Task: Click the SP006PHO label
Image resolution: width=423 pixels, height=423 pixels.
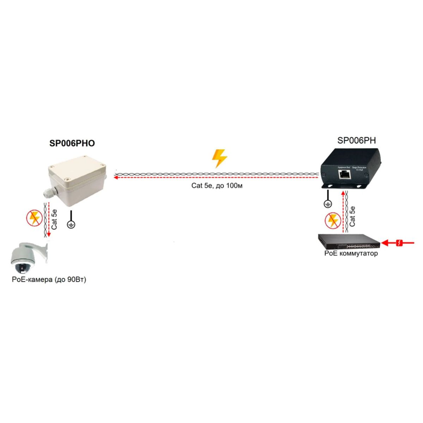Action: (72, 143)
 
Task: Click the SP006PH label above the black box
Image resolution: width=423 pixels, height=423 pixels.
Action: (356, 140)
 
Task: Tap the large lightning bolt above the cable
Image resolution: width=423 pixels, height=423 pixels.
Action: (219, 158)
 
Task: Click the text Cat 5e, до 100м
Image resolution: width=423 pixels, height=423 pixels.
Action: (217, 185)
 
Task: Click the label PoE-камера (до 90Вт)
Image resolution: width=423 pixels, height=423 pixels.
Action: (49, 280)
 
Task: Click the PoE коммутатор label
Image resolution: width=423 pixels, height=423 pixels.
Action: (351, 253)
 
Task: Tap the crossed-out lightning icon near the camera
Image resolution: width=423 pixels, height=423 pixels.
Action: (35, 218)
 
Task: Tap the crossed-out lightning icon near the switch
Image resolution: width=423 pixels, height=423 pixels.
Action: (332, 220)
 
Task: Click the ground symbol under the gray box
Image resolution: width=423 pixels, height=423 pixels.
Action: (71, 224)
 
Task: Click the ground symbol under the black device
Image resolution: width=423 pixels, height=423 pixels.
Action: (327, 203)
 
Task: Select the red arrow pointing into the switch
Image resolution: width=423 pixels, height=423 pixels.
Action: (398, 243)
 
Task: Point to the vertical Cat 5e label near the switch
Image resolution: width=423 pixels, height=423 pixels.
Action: (352, 216)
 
